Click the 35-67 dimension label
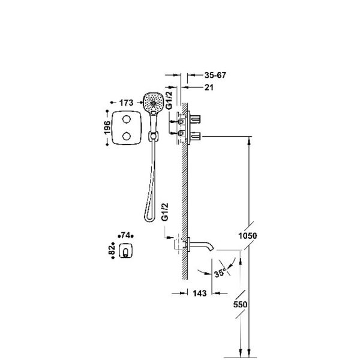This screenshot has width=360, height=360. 215,75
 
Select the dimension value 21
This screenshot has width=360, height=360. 209,87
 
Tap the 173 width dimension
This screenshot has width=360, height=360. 126,103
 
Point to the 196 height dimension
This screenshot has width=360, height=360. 107,128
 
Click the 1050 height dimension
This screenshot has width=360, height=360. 248,236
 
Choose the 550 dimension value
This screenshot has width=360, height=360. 241,305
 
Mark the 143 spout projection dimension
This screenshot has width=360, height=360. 200,293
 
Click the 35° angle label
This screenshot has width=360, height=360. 220,273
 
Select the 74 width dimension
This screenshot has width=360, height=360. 125,235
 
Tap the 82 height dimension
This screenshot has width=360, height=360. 112,250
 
